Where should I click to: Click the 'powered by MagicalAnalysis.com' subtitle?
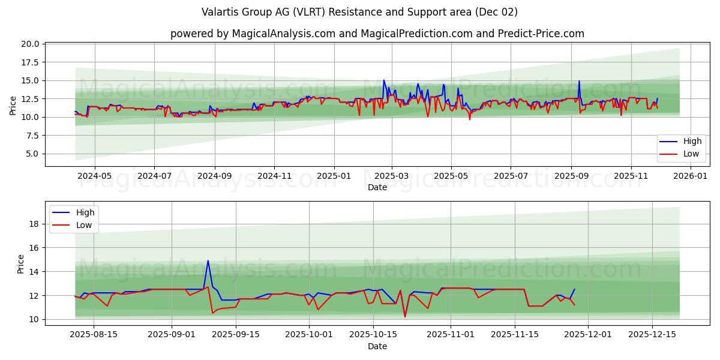click(377, 34)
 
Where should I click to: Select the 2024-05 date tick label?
click(95, 176)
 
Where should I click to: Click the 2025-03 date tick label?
click(392, 176)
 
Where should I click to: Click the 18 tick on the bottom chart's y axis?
click(35, 224)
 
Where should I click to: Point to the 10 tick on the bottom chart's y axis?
click(35, 319)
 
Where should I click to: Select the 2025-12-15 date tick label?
click(652, 335)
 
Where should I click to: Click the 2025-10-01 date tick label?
click(309, 335)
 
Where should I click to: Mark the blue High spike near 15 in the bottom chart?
click(208, 261)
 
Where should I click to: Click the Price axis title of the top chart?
click(13, 105)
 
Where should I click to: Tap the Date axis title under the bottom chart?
click(377, 346)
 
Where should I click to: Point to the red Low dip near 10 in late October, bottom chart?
click(405, 316)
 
